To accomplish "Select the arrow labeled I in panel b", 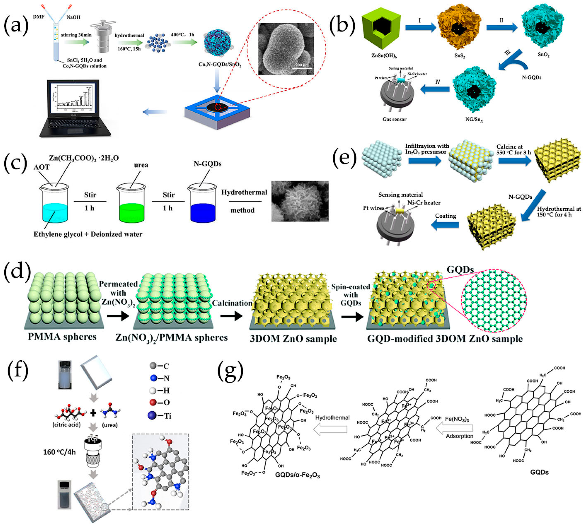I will (x=420, y=27).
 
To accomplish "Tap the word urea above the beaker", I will (x=141, y=165).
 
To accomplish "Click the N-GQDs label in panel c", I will (x=207, y=164).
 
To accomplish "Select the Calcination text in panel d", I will (x=232, y=303).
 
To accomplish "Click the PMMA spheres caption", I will (x=62, y=337).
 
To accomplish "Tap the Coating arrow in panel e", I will (x=446, y=225).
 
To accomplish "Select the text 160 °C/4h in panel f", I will (x=59, y=452).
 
